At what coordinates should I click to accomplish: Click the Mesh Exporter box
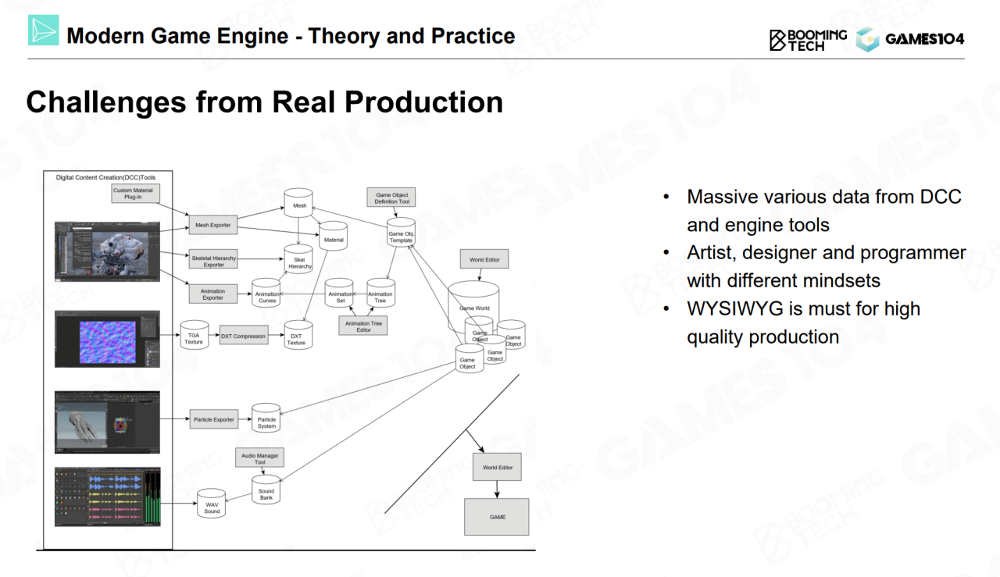(212, 225)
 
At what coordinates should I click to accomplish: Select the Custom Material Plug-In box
(133, 194)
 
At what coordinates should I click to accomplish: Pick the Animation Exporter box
(212, 294)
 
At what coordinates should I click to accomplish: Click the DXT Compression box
(243, 337)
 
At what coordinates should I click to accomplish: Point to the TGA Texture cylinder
(193, 336)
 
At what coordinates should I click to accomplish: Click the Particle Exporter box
(213, 419)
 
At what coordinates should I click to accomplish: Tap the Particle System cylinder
(266, 421)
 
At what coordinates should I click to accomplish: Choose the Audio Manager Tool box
(260, 458)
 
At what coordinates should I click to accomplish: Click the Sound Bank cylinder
(266, 492)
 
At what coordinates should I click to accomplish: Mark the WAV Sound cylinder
(212, 506)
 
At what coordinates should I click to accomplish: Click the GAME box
(497, 517)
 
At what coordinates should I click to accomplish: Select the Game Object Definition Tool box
(391, 197)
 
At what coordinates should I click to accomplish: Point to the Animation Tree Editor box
(363, 326)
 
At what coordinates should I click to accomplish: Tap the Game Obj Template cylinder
(401, 233)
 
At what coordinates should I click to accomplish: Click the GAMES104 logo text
(924, 39)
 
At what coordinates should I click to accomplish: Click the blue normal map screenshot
(108, 339)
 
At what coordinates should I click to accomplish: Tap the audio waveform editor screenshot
(108, 497)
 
